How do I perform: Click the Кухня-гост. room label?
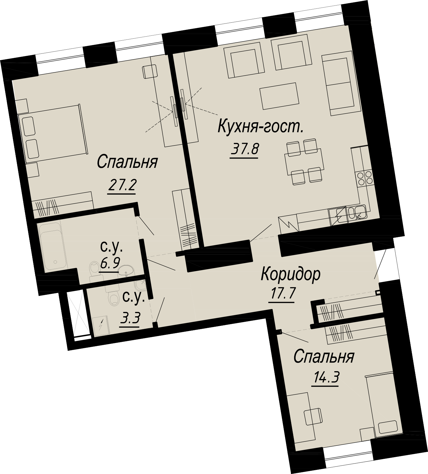pyautogui.click(x=260, y=128)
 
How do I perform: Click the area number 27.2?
pyautogui.click(x=122, y=185)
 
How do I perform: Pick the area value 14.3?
pyautogui.click(x=325, y=378)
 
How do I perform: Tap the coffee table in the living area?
pyautogui.click(x=279, y=96)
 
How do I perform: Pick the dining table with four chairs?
pyautogui.click(x=304, y=161)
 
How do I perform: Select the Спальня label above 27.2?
pyautogui.click(x=127, y=162)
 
